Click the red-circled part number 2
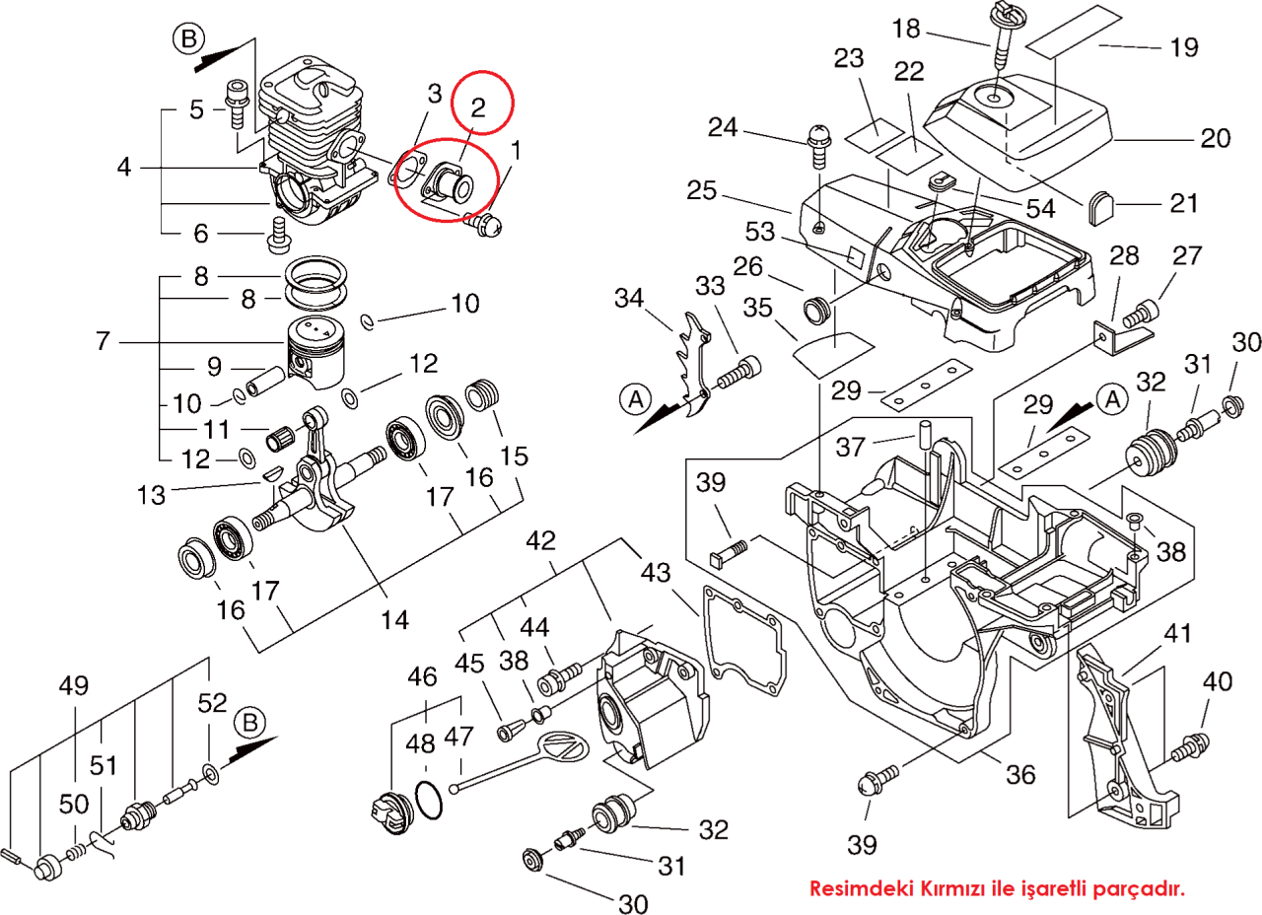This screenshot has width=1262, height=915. tap(478, 107)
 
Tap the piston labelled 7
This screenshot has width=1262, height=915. tap(316, 353)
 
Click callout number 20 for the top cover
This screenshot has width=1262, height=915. tap(1215, 139)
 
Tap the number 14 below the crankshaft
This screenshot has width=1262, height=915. tap(394, 620)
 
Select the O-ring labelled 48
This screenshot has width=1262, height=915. tap(429, 800)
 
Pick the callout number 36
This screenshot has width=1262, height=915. tap(1020, 775)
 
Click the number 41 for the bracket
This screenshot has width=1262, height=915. tap(1177, 633)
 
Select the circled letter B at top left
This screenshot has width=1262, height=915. tap(188, 38)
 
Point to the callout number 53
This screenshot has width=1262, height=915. tap(760, 232)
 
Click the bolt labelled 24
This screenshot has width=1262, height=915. tap(818, 146)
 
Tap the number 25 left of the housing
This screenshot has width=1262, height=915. tap(701, 190)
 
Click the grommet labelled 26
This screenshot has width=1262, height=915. tap(814, 310)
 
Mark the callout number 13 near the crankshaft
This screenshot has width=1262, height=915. tap(151, 496)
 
